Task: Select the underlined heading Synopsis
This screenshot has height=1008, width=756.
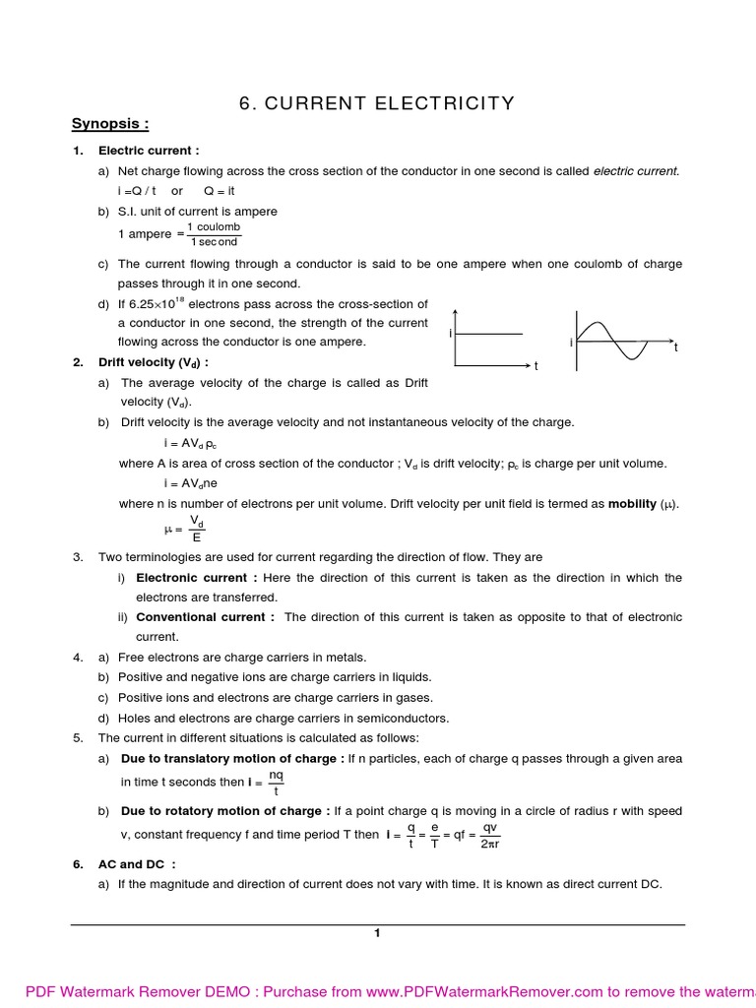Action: [110, 124]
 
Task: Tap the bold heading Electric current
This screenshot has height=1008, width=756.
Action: [149, 151]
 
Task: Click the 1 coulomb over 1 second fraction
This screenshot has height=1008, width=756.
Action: [214, 234]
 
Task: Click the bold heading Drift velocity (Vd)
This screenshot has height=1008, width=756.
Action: [153, 362]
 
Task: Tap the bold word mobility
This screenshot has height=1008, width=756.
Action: [632, 503]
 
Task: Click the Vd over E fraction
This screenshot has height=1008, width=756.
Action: [197, 529]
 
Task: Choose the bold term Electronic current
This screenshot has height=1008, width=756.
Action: [197, 578]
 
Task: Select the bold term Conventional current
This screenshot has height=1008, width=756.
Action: [206, 617]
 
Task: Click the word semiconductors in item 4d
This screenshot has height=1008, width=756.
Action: [401, 718]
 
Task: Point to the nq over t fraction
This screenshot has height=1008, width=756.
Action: [276, 784]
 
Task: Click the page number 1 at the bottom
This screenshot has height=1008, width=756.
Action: [377, 933]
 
